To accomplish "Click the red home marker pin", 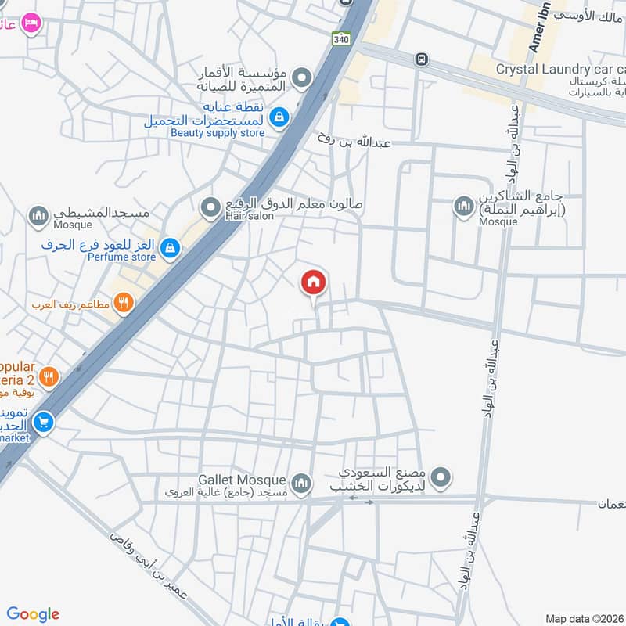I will pyautogui.click(x=314, y=283).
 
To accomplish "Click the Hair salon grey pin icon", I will pyautogui.click(x=210, y=207).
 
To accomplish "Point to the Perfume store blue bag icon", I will pyautogui.click(x=170, y=250).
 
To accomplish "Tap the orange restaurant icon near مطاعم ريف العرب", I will pyautogui.click(x=123, y=302).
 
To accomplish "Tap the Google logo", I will pyautogui.click(x=33, y=614).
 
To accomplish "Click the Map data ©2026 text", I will pyautogui.click(x=584, y=618).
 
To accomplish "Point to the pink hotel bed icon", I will pyautogui.click(x=31, y=23).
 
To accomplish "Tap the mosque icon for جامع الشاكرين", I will pyautogui.click(x=463, y=207).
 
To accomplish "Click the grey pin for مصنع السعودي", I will pyautogui.click(x=442, y=476).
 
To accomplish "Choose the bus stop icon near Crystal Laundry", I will pyautogui.click(x=423, y=59).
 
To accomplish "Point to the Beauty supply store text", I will pyautogui.click(x=218, y=132).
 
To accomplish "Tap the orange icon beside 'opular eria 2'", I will pyautogui.click(x=49, y=377).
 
